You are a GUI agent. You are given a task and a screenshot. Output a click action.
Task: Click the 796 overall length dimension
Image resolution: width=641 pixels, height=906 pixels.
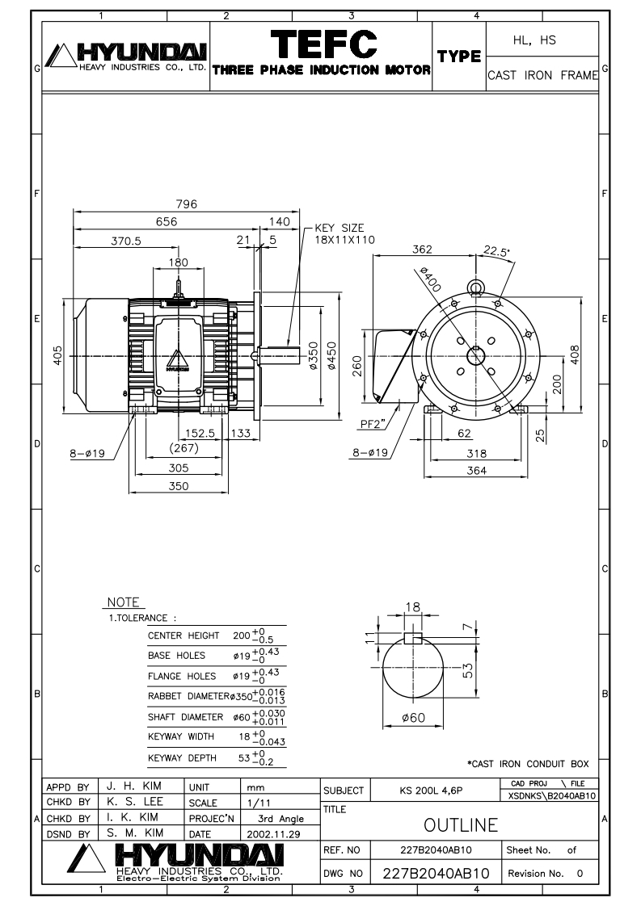click(x=186, y=204)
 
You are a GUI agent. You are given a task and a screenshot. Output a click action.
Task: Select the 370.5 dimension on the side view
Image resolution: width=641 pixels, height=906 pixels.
click(x=126, y=241)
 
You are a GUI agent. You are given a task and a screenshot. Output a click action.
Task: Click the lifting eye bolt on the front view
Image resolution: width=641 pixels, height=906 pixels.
click(x=475, y=287)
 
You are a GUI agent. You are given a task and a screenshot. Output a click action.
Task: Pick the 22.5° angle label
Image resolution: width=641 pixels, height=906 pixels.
click(x=496, y=251)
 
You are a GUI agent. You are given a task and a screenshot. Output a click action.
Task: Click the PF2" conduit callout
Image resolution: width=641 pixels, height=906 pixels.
click(x=373, y=424)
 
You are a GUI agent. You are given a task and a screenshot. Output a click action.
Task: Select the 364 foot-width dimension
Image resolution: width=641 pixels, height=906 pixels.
click(x=477, y=470)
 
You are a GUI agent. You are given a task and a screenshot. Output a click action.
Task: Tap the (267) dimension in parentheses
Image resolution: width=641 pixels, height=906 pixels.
click(x=184, y=448)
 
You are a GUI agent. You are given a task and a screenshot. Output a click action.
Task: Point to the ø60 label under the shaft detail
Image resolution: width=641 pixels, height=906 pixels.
click(x=414, y=718)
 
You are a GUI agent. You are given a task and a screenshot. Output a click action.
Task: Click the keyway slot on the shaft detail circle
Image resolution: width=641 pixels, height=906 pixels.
click(x=413, y=638)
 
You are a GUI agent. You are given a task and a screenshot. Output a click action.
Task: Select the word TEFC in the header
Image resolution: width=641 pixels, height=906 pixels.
click(x=324, y=44)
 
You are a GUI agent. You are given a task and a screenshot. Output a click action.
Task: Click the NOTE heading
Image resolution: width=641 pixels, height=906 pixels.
click(x=123, y=602)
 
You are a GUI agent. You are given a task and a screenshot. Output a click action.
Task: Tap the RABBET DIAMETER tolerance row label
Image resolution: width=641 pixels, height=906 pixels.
click(x=188, y=696)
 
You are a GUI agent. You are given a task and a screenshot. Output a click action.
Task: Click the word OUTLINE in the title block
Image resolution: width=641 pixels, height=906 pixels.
click(x=461, y=825)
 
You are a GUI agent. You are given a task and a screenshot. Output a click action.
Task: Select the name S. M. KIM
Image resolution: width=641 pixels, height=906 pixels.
click(x=135, y=833)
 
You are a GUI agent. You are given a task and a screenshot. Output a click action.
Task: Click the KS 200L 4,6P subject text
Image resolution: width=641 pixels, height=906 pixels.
click(x=431, y=791)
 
